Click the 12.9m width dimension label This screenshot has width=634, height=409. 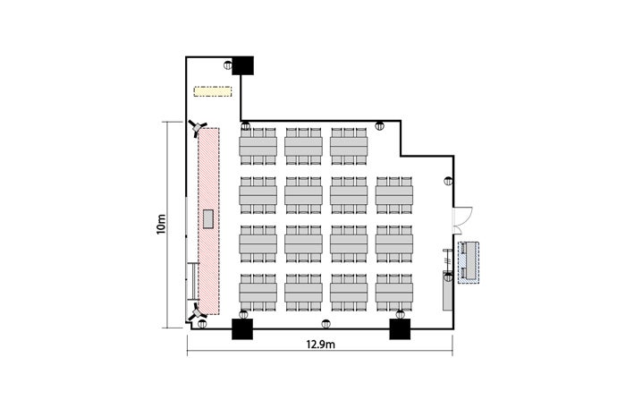320,345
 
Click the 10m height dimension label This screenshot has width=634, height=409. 161,224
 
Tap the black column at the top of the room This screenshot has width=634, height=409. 243,65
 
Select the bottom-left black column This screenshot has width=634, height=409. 242,328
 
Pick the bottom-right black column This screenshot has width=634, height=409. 400,328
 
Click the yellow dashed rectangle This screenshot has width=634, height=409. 213,91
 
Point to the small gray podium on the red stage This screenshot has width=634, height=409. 208,219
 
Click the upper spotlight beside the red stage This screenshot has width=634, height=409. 198,128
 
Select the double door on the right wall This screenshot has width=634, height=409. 461,220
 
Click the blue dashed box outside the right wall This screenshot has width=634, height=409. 469,262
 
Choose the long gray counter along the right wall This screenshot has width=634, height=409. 447,291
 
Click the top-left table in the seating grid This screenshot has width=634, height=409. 258,147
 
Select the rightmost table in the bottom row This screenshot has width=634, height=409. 394,293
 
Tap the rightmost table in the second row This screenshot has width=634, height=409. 394,195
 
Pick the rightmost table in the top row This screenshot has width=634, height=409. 349,147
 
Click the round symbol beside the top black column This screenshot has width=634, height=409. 228,64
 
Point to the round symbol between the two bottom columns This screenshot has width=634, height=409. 325,324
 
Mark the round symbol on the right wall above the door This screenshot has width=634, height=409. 448,181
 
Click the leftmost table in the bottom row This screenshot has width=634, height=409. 258,293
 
